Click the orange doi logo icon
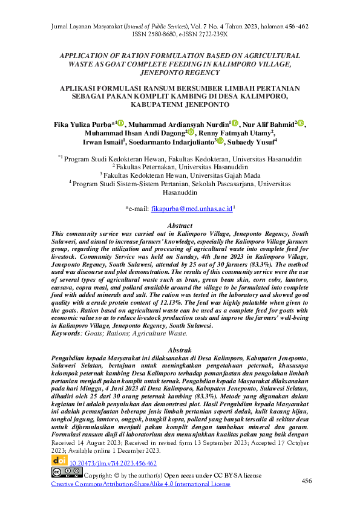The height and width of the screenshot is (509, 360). pos(59,462)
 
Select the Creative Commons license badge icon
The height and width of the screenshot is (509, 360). pos(67,473)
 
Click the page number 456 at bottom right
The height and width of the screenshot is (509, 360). pos(307,480)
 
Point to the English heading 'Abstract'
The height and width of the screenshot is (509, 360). pos(179,225)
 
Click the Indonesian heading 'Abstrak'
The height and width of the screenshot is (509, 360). pos(179,350)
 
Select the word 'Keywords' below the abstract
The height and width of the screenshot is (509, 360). pos(67,332)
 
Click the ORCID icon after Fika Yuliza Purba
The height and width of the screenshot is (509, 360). pos(120,123)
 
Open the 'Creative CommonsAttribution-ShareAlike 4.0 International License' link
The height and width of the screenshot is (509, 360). pos(141,484)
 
